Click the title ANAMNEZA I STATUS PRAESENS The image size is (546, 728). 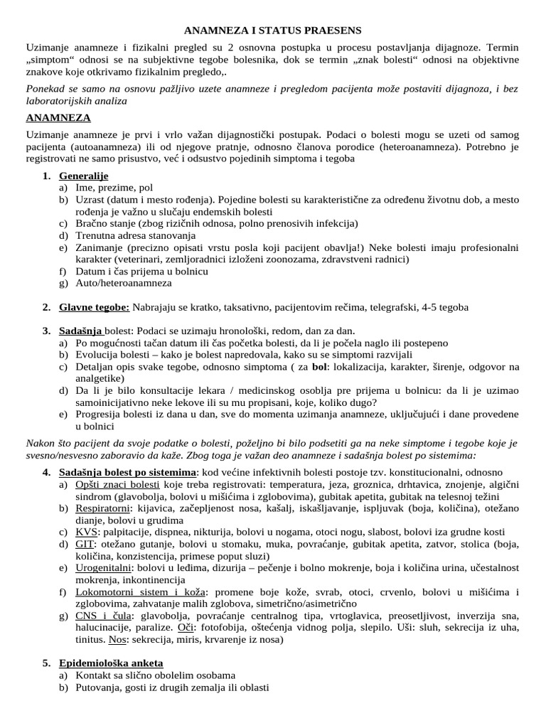(x=273, y=31)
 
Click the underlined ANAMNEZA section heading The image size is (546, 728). (x=58, y=117)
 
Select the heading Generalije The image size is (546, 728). (x=84, y=176)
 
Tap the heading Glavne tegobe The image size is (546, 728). (x=94, y=307)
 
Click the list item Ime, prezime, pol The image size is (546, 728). (x=114, y=188)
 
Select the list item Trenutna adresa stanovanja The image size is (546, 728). (x=137, y=235)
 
